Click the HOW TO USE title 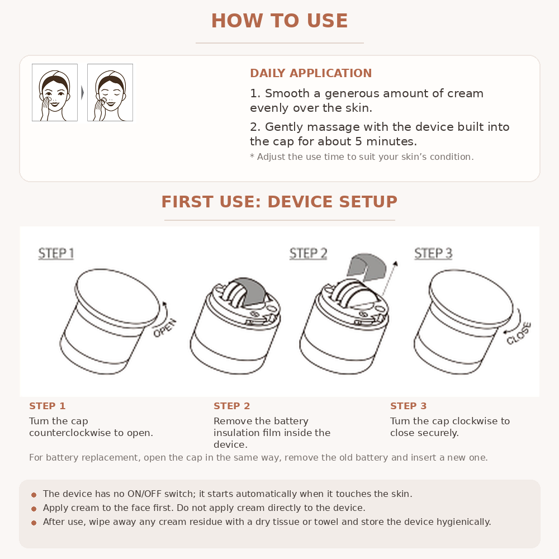coord(279,21)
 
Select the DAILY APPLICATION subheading coord(311,73)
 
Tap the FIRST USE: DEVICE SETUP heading coord(279,202)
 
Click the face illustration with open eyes coord(55,93)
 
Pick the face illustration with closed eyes coord(110,93)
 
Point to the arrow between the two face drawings coord(82,93)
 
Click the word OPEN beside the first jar coord(165,328)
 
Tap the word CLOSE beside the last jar coord(519,333)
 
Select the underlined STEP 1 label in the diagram coord(56,253)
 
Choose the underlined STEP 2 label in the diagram coord(309,253)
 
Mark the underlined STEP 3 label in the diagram coord(433,253)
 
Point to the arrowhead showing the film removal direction coord(395,264)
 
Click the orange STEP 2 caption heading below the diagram coord(232,406)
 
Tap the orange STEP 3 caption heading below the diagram coord(408,406)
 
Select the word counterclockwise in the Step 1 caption coord(70,433)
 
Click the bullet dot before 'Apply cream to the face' coord(34,509)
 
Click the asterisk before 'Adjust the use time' coord(252,156)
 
